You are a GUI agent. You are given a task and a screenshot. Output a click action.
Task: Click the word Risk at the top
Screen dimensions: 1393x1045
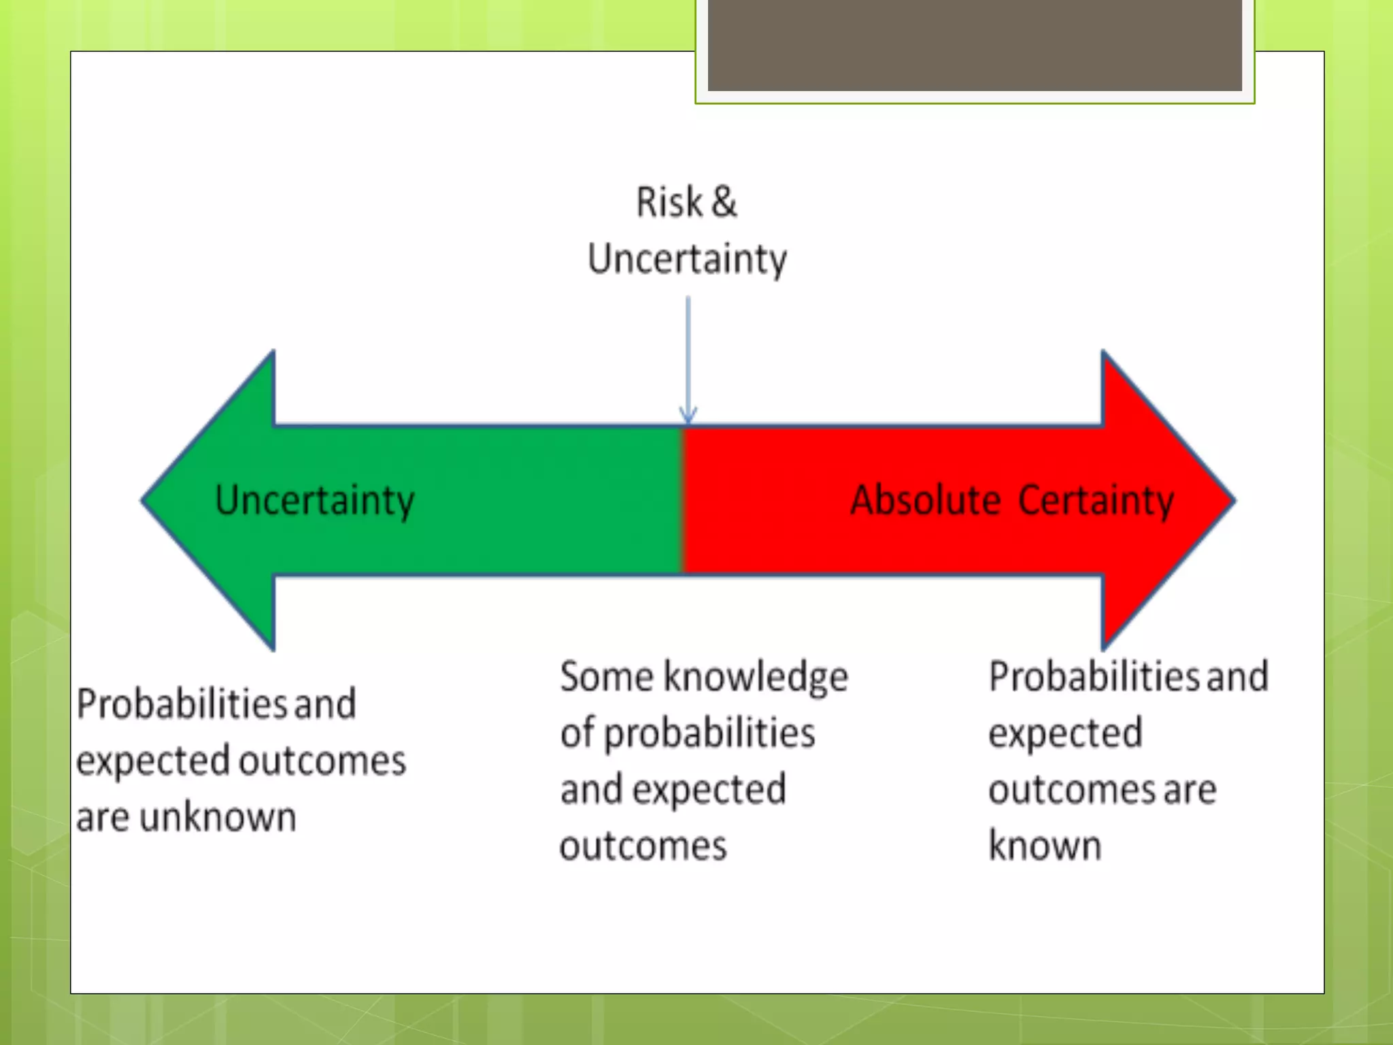pos(669,202)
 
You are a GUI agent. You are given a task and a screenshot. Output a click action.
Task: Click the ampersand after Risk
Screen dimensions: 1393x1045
pos(724,202)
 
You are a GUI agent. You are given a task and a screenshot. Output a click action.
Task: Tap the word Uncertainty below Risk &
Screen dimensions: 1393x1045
pos(687,259)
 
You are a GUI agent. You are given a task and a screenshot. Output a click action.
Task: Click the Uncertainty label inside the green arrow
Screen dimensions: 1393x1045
pos(314,501)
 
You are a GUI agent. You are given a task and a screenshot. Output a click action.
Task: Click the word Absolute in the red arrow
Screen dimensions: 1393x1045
pos(925,501)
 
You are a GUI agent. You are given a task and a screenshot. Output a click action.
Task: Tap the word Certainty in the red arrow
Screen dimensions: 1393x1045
pos(1096,501)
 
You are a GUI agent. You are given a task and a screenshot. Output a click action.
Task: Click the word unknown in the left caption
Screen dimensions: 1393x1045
pos(218,817)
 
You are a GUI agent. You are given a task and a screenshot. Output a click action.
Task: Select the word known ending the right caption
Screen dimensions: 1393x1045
pos(1045,846)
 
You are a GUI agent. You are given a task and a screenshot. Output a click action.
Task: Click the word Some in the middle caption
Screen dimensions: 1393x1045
pos(607,677)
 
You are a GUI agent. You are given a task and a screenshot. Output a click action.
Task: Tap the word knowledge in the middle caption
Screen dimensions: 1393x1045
pos(756,678)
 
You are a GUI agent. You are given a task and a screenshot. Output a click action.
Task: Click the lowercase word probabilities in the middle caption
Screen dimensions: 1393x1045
pos(709,734)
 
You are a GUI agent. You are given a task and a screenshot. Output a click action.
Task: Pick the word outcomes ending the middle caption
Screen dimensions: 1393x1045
pos(643,846)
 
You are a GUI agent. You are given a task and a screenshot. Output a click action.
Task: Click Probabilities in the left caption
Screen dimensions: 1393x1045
pos(182,704)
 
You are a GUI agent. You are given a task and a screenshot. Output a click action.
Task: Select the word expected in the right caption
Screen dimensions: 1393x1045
pos(1065,734)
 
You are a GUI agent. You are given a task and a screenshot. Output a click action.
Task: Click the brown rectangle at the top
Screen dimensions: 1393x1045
pos(975,45)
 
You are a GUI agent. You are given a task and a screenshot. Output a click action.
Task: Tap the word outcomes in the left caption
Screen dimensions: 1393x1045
pos(323,761)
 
